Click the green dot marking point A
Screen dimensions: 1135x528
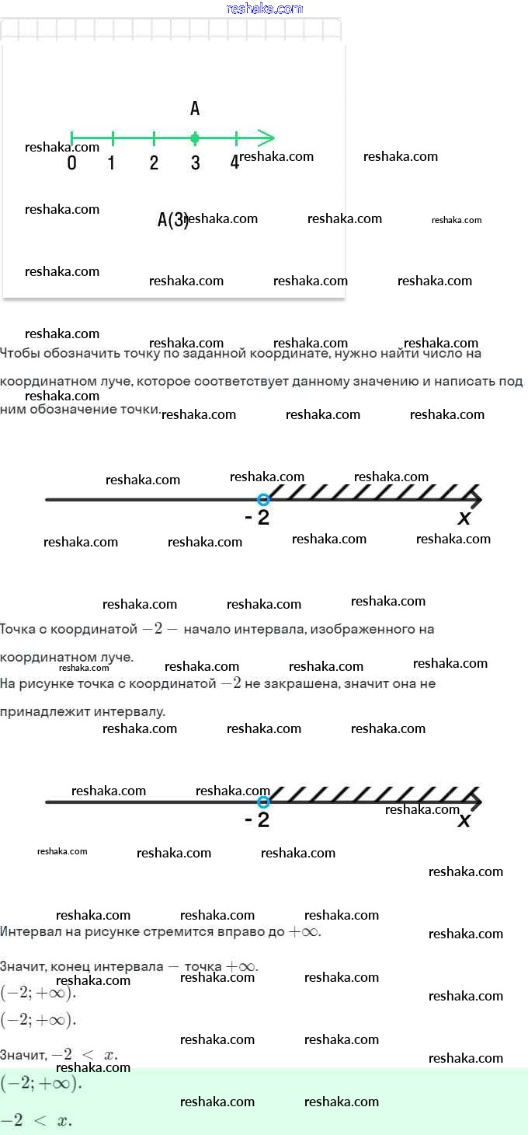pyautogui.click(x=195, y=138)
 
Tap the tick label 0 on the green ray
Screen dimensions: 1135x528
pyautogui.click(x=71, y=163)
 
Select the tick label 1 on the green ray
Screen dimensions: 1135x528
pyautogui.click(x=112, y=163)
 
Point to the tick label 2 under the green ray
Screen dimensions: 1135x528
pyautogui.click(x=154, y=163)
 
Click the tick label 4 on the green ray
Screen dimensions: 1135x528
pyautogui.click(x=234, y=163)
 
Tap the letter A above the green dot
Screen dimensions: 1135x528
pyautogui.click(x=195, y=108)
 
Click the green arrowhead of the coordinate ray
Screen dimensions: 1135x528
pyautogui.click(x=267, y=138)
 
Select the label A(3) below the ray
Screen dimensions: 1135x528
pyautogui.click(x=172, y=220)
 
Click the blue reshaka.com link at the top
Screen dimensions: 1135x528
pyautogui.click(x=264, y=9)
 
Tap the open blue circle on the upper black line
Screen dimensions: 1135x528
pyautogui.click(x=263, y=499)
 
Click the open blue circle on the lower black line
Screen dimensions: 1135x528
pyautogui.click(x=263, y=801)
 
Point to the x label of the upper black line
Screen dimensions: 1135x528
pyautogui.click(x=464, y=518)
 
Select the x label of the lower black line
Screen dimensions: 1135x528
pyautogui.click(x=464, y=819)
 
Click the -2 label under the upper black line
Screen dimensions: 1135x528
pyautogui.click(x=257, y=518)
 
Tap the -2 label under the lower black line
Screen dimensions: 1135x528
pyautogui.click(x=257, y=819)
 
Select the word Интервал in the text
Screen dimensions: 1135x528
pyautogui.click(x=26, y=931)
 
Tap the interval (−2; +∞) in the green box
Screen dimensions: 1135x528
pyautogui.click(x=40, y=1083)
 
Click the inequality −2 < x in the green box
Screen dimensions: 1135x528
pyautogui.click(x=36, y=1120)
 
